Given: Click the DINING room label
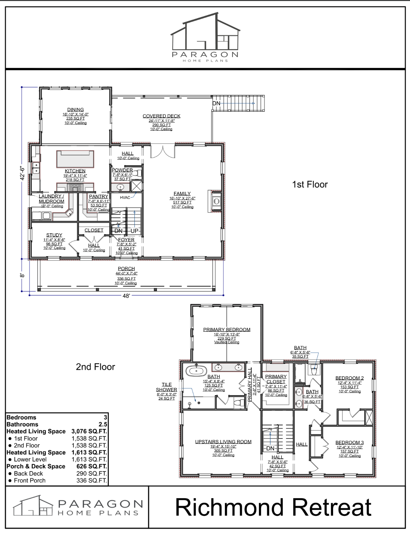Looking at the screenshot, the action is (x=75, y=110).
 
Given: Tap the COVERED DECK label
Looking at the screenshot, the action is (x=161, y=116).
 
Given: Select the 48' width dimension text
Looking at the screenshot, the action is (x=126, y=296).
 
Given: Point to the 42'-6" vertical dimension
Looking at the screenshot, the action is (x=22, y=174).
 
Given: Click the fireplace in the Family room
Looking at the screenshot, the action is (x=215, y=201).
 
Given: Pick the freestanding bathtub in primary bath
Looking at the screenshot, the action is (x=196, y=370).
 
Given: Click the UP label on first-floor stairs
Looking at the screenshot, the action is (x=135, y=231).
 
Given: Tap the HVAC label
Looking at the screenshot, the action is (x=125, y=198).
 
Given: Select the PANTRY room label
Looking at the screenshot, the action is (x=99, y=196).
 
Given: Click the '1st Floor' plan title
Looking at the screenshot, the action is (x=310, y=184).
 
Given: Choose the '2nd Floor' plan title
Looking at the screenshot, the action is (x=95, y=367).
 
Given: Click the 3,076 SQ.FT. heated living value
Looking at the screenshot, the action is (x=89, y=431).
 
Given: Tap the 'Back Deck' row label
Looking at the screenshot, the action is (x=28, y=474).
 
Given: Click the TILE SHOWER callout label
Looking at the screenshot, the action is (x=167, y=387).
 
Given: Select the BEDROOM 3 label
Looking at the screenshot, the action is (x=349, y=443).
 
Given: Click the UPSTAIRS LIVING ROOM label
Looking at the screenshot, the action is (x=223, y=442).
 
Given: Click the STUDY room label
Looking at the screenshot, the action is (x=54, y=235).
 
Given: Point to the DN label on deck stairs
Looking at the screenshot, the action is (x=216, y=103).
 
